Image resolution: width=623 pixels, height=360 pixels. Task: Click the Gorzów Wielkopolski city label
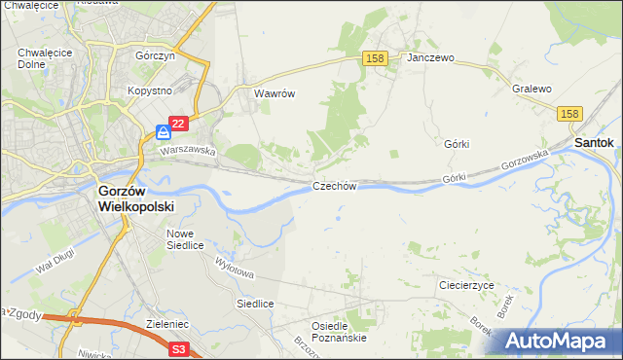coord(134,199)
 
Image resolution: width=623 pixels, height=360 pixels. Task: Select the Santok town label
coord(594,142)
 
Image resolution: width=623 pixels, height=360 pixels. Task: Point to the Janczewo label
coord(431,58)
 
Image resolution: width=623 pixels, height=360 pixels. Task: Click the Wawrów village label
coord(274,94)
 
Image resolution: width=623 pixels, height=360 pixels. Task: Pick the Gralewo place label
coord(531,89)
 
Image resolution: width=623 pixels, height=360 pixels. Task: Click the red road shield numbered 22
coord(177,125)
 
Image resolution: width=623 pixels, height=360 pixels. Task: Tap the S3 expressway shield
coord(177,348)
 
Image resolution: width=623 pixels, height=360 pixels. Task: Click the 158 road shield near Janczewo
coord(377,58)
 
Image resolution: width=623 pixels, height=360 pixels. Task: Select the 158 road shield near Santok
coord(570,115)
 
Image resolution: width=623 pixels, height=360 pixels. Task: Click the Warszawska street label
coord(188,151)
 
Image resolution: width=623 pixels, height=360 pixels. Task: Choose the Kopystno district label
coord(149,90)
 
